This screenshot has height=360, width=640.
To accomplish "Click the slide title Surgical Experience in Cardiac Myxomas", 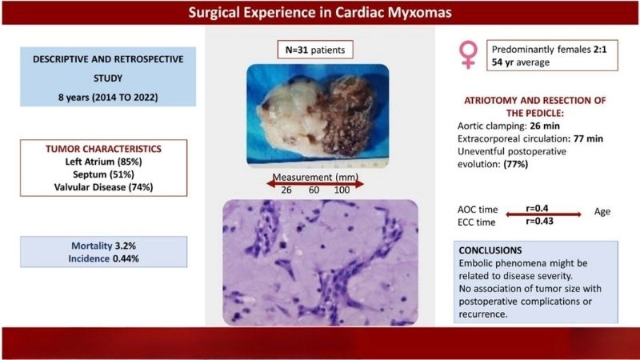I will click(x=320, y=13).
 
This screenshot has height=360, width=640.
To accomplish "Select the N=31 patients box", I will click(x=318, y=49).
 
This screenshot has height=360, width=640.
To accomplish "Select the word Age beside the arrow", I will click(x=602, y=212).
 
